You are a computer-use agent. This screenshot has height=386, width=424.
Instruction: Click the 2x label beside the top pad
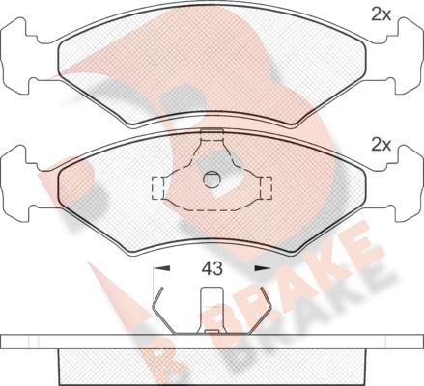pyautogui.click(x=381, y=14)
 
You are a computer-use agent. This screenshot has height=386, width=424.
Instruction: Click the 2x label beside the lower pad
pyautogui.click(x=381, y=145)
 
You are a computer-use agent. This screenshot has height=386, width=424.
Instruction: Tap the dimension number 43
pyautogui.click(x=212, y=268)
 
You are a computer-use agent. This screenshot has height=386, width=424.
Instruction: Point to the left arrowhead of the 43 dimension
pyautogui.click(x=162, y=268)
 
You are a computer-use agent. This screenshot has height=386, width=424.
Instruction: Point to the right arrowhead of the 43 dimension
pyautogui.click(x=263, y=268)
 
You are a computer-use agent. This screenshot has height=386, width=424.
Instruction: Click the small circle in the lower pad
pyautogui.click(x=212, y=179)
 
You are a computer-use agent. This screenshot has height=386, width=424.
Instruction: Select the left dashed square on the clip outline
pyautogui.click(x=157, y=188)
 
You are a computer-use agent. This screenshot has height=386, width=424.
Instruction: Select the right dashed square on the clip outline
pyautogui.click(x=266, y=188)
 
